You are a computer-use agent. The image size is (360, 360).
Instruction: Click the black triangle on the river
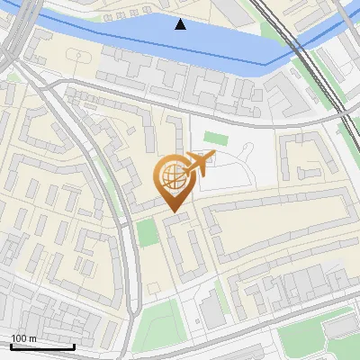181,24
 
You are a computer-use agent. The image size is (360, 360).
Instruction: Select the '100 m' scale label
24,337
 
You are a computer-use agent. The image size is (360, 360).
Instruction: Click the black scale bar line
42,346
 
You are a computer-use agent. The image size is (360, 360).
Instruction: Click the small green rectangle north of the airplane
215,138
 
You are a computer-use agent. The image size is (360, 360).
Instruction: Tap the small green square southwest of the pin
147,233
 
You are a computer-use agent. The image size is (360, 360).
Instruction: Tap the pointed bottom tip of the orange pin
174,211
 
